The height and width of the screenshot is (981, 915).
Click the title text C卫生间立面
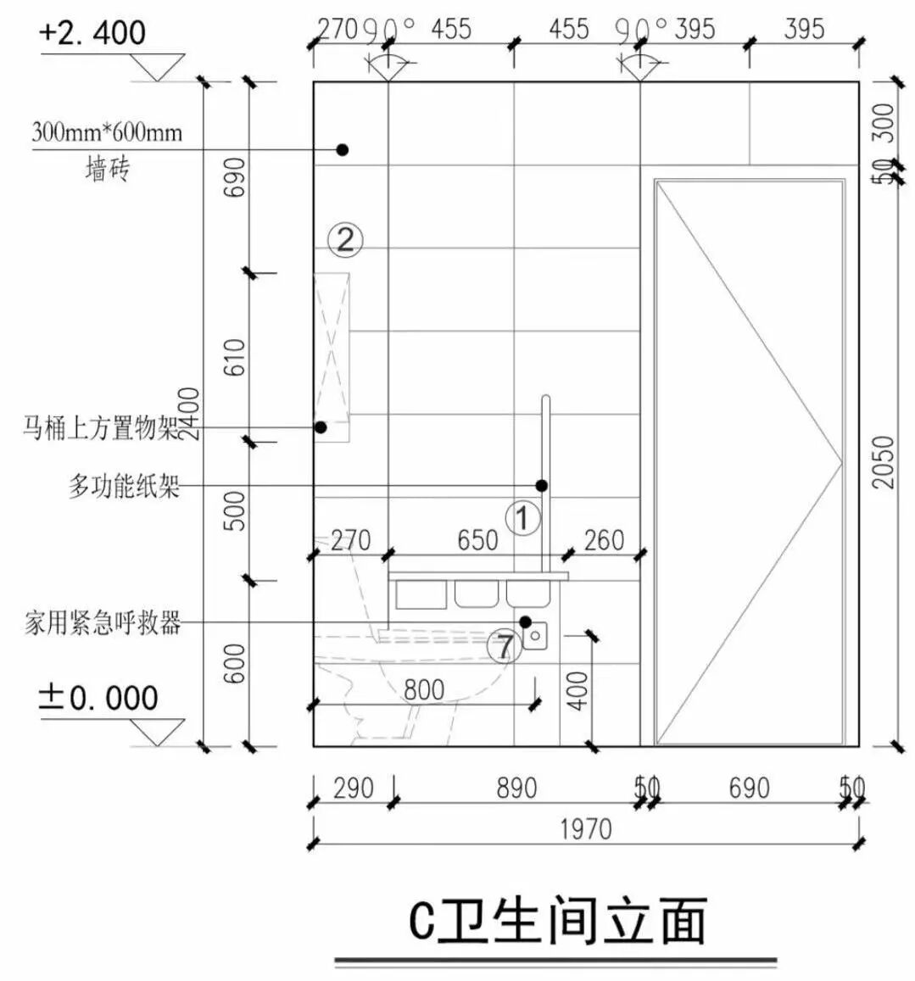point(556,922)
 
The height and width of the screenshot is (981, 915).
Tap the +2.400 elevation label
point(92,33)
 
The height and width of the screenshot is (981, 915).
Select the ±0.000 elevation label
point(98,698)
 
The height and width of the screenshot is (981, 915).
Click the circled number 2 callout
point(345,240)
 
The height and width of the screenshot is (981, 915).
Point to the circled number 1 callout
point(522,517)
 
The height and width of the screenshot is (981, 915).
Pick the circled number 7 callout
point(505,648)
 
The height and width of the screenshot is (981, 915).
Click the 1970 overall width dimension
point(585,828)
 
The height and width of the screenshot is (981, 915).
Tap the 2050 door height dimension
point(884,462)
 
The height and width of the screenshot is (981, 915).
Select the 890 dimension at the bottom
point(516,789)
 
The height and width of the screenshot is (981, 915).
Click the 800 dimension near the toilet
point(423,689)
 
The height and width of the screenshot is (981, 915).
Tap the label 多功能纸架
point(124,487)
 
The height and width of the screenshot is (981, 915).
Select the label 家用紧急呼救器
point(103,624)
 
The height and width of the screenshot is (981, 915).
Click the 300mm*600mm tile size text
point(107,132)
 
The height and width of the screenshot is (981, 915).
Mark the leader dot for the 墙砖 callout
point(343,149)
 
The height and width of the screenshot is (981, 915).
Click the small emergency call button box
point(536,634)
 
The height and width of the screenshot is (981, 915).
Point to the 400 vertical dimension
point(577,690)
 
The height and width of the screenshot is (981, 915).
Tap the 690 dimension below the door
point(749,789)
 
